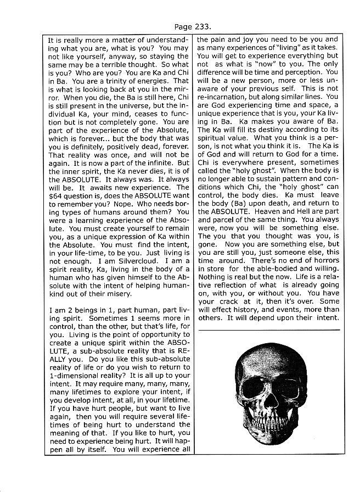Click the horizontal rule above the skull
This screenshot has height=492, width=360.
[268, 329]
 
